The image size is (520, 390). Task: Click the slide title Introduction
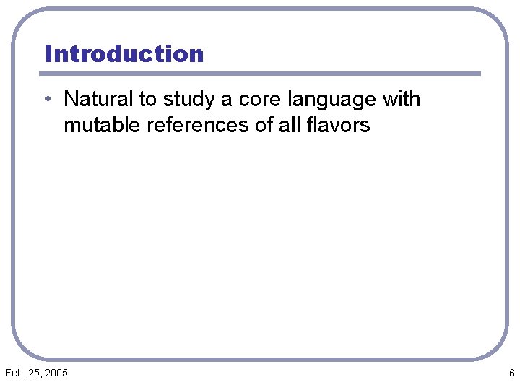pos(124,54)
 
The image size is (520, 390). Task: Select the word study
pos(187,100)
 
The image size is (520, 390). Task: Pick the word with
pos(401,99)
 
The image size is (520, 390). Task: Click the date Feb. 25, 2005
pos(36,373)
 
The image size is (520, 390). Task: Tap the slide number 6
pos(511,373)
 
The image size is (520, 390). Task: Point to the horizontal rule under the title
pos(260,74)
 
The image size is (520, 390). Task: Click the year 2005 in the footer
pos(56,373)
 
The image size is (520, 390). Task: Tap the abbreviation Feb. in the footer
pos(14,373)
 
